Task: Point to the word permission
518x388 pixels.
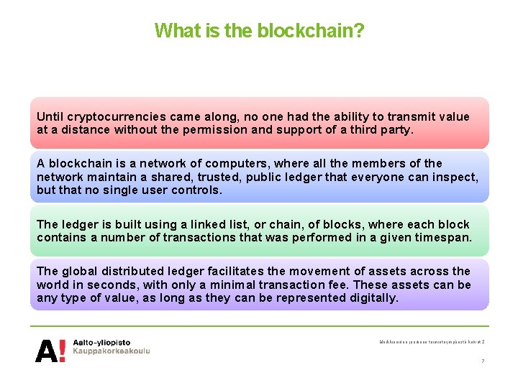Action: [x=250, y=130]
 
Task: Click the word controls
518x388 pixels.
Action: [x=196, y=190]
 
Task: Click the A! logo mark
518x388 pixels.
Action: [x=50, y=350]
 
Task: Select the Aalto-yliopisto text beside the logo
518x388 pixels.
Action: [x=101, y=343]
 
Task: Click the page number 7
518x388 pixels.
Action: [x=483, y=361]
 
